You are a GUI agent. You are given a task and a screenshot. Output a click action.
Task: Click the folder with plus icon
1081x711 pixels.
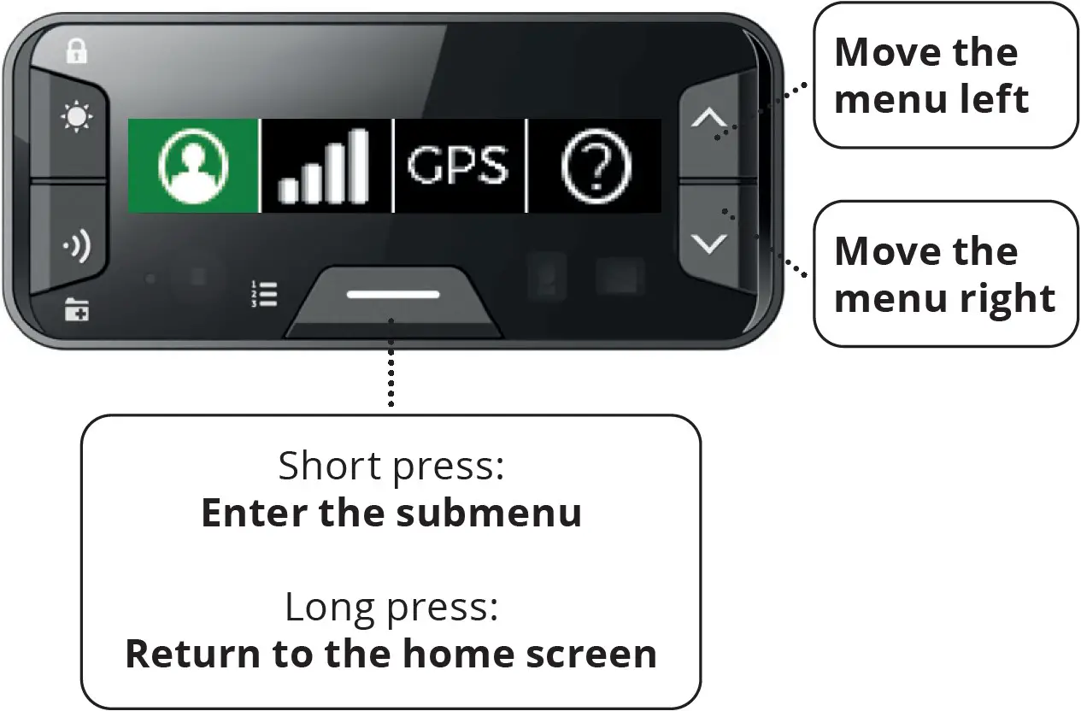pos(77,311)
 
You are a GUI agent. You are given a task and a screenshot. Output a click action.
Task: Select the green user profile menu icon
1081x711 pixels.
pos(193,166)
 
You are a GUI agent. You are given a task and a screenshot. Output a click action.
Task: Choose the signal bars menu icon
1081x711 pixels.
pos(326,166)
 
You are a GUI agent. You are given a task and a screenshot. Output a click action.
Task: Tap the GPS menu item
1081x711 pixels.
pos(458,166)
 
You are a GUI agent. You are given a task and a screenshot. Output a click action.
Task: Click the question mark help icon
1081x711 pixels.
pos(594,166)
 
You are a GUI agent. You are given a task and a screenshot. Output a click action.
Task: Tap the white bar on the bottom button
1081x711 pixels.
pos(393,295)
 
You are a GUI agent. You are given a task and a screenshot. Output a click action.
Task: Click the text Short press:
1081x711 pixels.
pos(391,467)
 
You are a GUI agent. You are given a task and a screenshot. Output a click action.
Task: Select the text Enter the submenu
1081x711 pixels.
pos(391,513)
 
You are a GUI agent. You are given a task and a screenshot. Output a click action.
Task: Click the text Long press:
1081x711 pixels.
pos(391,608)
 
